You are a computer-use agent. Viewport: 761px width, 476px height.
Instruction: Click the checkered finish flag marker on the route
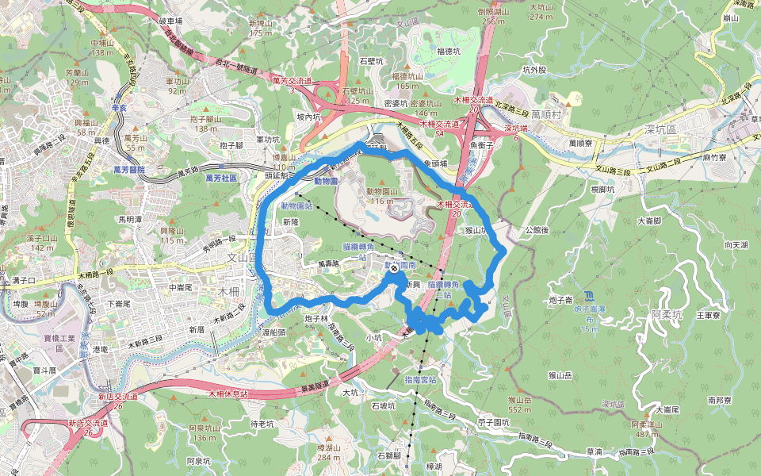394,268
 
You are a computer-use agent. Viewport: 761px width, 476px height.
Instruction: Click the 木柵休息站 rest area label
228,393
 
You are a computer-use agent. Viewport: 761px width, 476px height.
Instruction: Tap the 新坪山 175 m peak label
261,29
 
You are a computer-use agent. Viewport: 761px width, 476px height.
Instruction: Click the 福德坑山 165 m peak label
407,80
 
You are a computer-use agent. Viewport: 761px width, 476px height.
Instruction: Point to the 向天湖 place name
736,246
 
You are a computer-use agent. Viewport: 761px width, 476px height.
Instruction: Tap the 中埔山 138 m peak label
103,48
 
